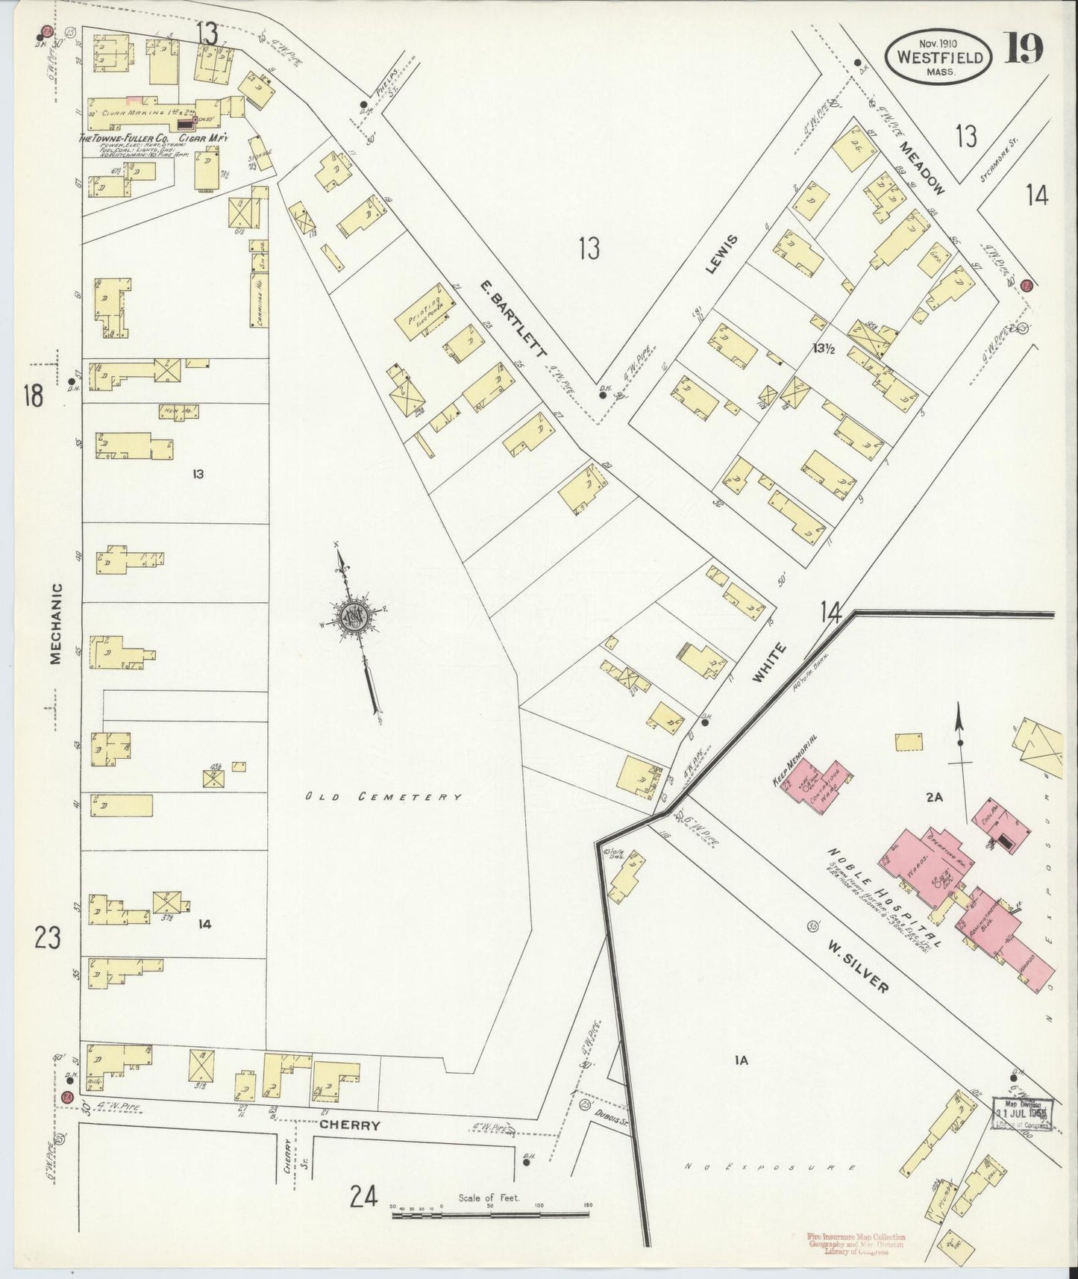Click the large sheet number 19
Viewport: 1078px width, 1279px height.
[x=1024, y=50]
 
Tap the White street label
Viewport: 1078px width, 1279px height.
[x=768, y=663]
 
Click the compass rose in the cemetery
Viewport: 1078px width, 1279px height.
[x=351, y=617]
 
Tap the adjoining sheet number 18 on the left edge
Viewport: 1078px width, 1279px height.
[x=33, y=395]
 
